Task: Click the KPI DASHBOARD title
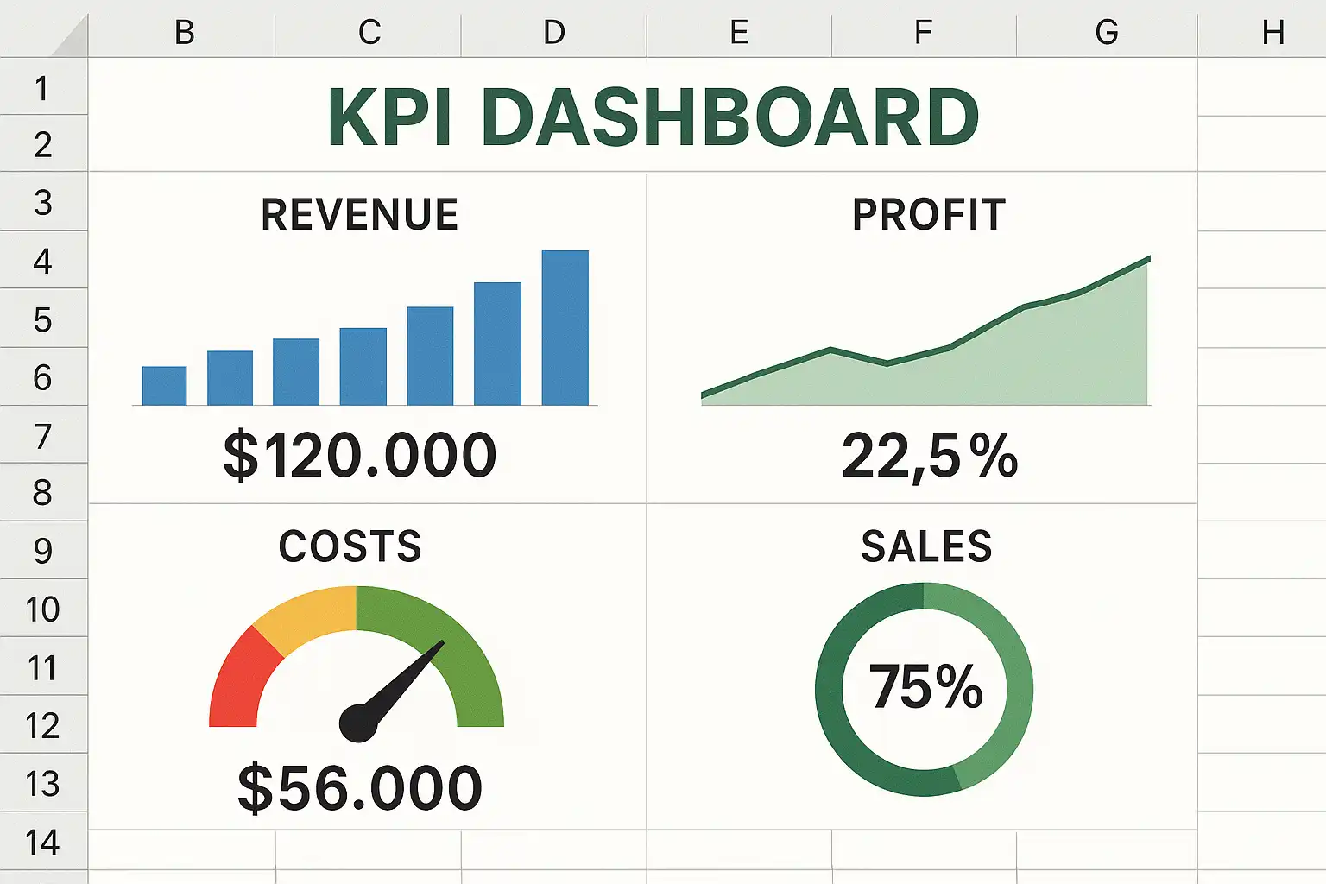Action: pyautogui.click(x=654, y=117)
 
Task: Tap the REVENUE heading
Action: pyautogui.click(x=359, y=215)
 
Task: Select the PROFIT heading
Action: pyautogui.click(x=929, y=215)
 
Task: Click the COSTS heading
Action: pyautogui.click(x=350, y=546)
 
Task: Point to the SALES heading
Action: pyautogui.click(x=926, y=546)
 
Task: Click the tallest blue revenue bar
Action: pyautogui.click(x=565, y=328)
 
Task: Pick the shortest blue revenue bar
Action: pyautogui.click(x=164, y=386)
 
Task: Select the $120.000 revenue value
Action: pyautogui.click(x=360, y=455)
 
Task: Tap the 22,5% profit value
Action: pyautogui.click(x=930, y=455)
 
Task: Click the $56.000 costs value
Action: pyautogui.click(x=360, y=787)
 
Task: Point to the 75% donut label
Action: pyautogui.click(x=925, y=687)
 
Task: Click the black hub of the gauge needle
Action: pyautogui.click(x=358, y=723)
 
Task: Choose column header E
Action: pyautogui.click(x=739, y=33)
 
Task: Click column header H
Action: pyautogui.click(x=1272, y=33)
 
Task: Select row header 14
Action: pyautogui.click(x=42, y=843)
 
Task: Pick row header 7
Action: pyautogui.click(x=42, y=436)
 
